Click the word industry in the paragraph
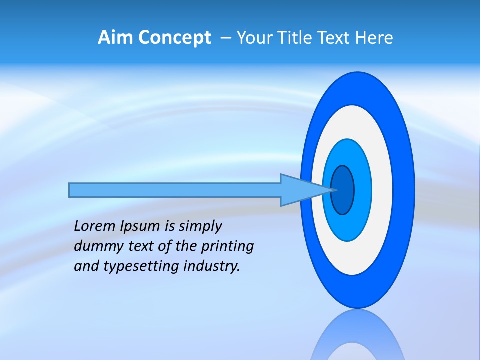212,266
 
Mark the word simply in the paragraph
200,227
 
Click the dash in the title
226,38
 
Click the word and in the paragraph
86,266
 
